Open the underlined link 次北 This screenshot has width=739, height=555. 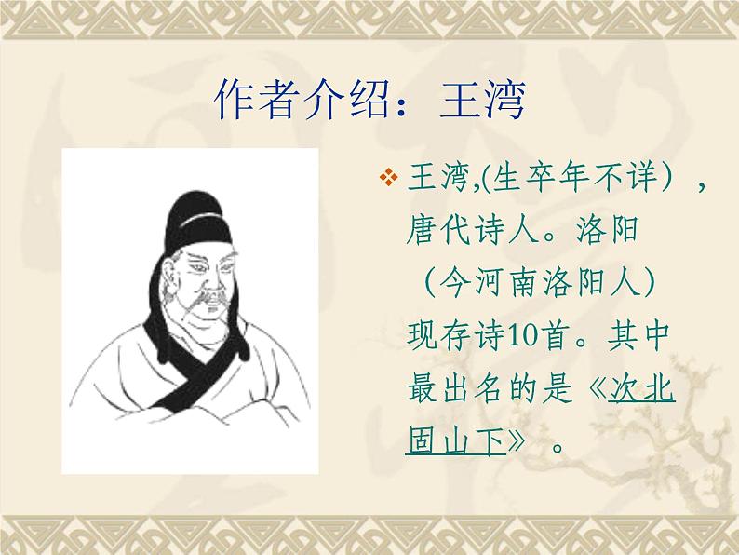641,390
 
